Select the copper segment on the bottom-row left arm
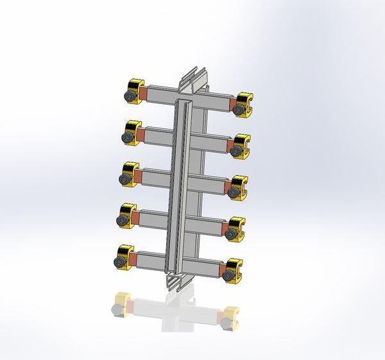pos(133,259)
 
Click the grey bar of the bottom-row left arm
pos(151,260)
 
